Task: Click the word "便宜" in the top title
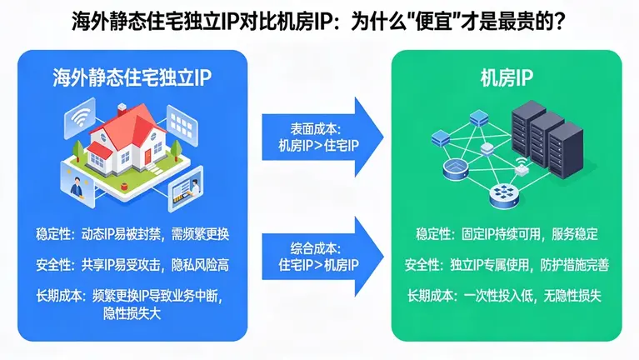(426, 18)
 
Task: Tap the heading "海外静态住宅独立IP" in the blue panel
(132, 80)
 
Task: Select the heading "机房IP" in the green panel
(506, 80)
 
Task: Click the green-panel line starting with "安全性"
(507, 265)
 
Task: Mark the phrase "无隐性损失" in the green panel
(578, 295)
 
